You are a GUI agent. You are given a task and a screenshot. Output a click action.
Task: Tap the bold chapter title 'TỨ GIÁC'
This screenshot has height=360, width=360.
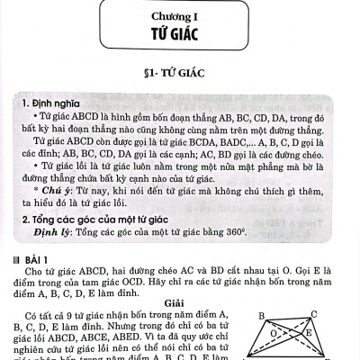(x=179, y=34)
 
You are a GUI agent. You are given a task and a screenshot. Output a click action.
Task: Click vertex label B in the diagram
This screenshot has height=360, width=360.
(x=261, y=316)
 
